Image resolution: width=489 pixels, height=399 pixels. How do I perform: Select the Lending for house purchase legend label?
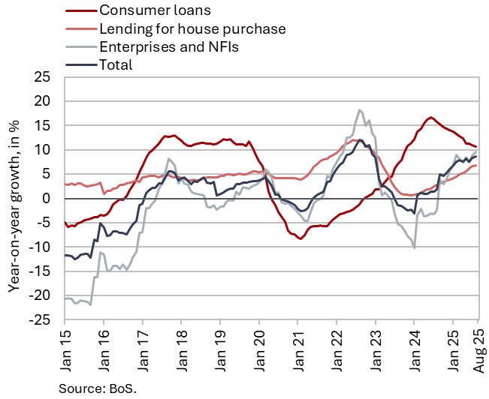(x=192, y=29)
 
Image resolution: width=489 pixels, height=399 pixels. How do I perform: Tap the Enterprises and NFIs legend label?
(x=169, y=47)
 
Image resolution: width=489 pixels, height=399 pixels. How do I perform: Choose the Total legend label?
(x=116, y=64)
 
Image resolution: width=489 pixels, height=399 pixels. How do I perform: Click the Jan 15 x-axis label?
(x=65, y=352)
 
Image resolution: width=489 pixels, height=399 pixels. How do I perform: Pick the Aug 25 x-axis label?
(x=478, y=352)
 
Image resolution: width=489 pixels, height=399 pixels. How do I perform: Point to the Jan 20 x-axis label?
(x=259, y=352)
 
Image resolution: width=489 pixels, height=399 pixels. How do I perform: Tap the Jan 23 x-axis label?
(x=376, y=352)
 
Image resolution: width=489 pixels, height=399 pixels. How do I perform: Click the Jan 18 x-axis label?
(x=181, y=352)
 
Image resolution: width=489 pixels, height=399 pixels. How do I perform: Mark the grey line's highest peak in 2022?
(x=360, y=109)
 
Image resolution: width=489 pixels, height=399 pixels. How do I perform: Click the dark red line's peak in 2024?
(x=430, y=118)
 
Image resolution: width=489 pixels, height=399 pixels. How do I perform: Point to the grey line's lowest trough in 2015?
(x=90, y=304)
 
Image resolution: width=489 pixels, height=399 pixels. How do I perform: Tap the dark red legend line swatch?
(x=78, y=12)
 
